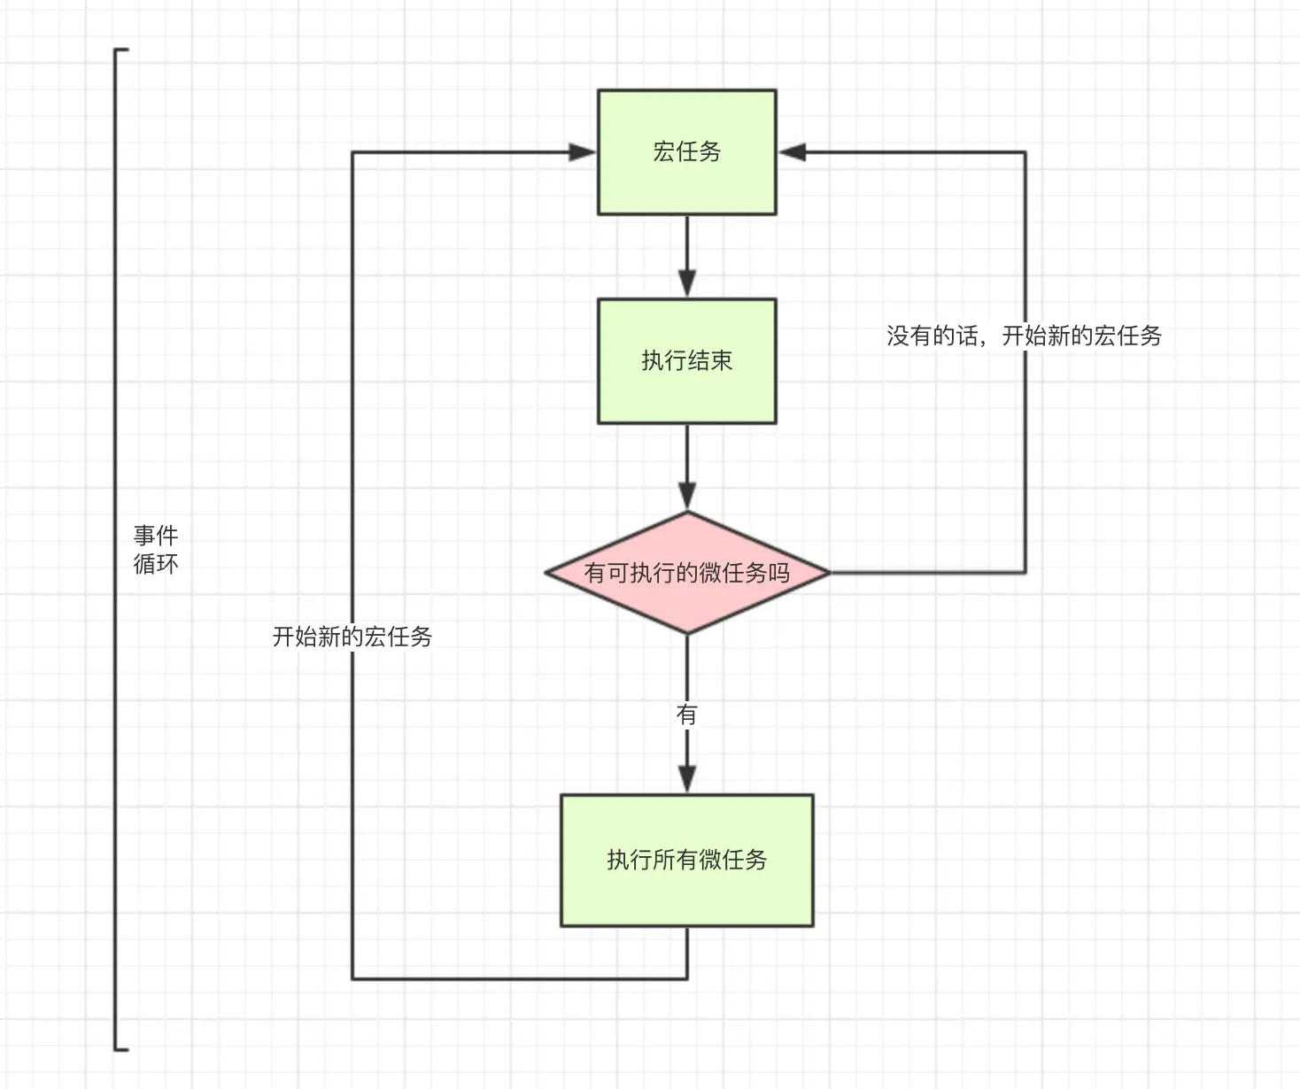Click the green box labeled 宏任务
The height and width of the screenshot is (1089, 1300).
pyautogui.click(x=686, y=152)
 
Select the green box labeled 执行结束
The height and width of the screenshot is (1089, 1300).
pyautogui.click(x=686, y=361)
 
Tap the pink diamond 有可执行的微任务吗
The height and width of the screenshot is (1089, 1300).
pyautogui.click(x=687, y=573)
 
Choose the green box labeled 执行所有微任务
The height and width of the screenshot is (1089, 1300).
pyautogui.click(x=686, y=860)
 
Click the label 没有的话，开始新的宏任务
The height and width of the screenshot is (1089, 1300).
pyautogui.click(x=1025, y=336)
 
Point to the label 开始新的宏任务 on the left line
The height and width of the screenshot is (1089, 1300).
pyautogui.click(x=352, y=637)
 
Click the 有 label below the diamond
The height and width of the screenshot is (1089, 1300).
pyautogui.click(x=686, y=714)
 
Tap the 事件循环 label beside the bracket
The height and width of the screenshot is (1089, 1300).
pyautogui.click(x=156, y=549)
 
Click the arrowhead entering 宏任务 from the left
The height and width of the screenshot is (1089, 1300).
pyautogui.click(x=582, y=152)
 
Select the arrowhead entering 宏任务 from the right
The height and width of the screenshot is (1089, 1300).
pyautogui.click(x=792, y=152)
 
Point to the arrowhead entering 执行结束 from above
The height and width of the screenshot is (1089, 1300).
pyautogui.click(x=686, y=284)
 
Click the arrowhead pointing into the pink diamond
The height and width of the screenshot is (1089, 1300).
pyautogui.click(x=686, y=496)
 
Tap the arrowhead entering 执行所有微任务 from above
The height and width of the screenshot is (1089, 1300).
pyautogui.click(x=686, y=779)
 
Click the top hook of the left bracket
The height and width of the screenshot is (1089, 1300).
pyautogui.click(x=121, y=50)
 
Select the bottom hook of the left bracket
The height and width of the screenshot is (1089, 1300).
pyautogui.click(x=121, y=1050)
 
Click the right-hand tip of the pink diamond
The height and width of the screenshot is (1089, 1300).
pyautogui.click(x=830, y=572)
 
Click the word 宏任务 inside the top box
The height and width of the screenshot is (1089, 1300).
pyautogui.click(x=686, y=152)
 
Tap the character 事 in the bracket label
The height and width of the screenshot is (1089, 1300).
pyautogui.click(x=144, y=536)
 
